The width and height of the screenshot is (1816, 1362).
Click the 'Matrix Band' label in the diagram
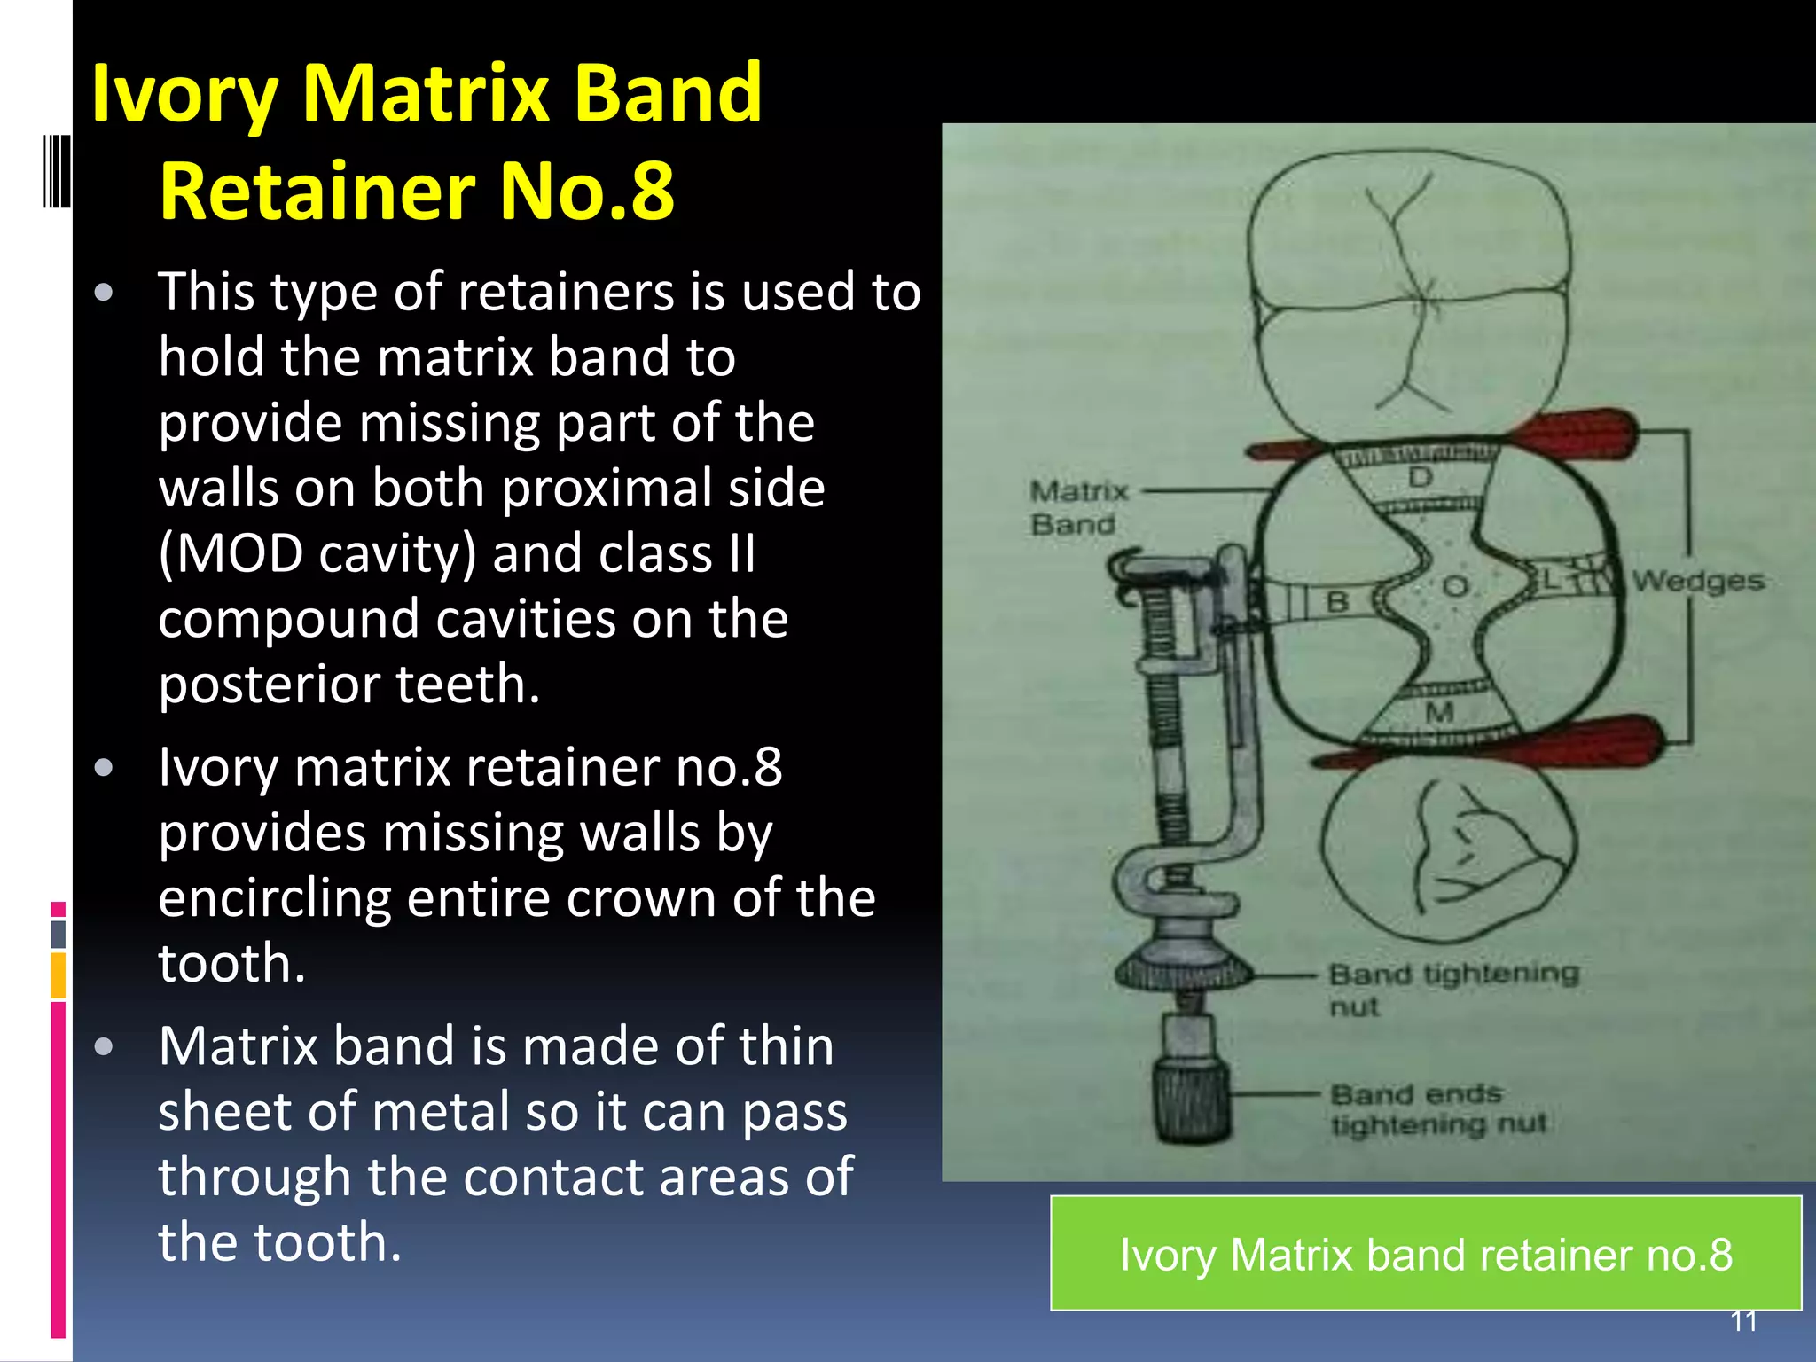click(1077, 507)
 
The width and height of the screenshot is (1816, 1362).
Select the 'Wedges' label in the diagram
click(1697, 581)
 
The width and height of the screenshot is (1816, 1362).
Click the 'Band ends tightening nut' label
click(1436, 1108)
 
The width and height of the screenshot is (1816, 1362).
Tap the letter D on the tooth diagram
click(1420, 478)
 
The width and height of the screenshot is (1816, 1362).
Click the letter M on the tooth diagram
click(1438, 712)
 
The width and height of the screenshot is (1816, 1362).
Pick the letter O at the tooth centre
click(1455, 586)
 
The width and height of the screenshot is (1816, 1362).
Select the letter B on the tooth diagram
click(1337, 602)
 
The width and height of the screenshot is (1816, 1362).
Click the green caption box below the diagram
click(1425, 1253)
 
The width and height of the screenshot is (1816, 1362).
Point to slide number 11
click(1743, 1321)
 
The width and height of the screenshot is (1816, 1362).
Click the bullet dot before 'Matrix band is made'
click(104, 1047)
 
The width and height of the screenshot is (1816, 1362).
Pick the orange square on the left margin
click(58, 975)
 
